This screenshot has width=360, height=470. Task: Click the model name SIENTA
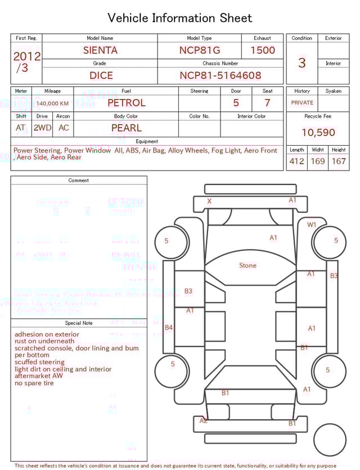[100, 50]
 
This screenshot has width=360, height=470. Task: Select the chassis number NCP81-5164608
[220, 75]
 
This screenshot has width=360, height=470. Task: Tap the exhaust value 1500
[263, 50]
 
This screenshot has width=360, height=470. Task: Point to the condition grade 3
[301, 62]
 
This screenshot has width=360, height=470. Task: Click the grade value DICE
[101, 75]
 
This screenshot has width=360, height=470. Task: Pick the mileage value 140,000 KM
[52, 104]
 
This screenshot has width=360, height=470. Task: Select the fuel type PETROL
[126, 103]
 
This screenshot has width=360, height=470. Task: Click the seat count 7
[267, 103]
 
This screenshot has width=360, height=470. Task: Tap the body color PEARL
[126, 128]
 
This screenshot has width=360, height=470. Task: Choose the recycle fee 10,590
[318, 133]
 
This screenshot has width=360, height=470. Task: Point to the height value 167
[339, 161]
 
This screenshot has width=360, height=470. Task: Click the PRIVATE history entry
[302, 103]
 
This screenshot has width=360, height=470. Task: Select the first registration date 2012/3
[26, 62]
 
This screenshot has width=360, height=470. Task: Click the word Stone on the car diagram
[247, 265]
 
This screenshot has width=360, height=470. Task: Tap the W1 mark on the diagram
[312, 225]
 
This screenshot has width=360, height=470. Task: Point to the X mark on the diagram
[209, 201]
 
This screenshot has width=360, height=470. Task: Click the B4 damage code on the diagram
[169, 327]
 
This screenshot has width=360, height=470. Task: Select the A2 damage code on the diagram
[204, 420]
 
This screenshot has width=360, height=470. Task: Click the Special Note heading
[79, 323]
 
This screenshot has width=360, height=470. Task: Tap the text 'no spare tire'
[34, 383]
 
